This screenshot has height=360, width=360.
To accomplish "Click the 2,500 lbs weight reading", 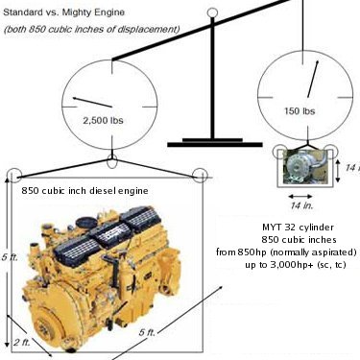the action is click(x=103, y=121).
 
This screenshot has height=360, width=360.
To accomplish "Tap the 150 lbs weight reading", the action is click(x=300, y=111).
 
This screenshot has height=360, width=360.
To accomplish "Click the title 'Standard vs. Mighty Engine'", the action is click(x=63, y=12).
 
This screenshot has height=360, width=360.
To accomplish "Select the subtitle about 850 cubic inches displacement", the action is click(x=91, y=29).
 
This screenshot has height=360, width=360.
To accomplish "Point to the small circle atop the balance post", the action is click(x=212, y=12).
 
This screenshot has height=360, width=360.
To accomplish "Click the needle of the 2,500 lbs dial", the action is click(x=92, y=102).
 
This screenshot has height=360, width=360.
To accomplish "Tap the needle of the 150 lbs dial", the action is click(x=313, y=79).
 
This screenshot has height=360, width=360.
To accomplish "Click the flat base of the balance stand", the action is click(x=215, y=145).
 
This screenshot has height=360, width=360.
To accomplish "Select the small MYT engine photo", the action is click(x=306, y=168).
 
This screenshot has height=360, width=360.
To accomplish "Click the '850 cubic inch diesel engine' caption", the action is click(x=84, y=191).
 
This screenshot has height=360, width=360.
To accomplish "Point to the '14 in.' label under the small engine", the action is click(x=301, y=205).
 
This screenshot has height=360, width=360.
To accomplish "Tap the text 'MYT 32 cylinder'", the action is click(x=298, y=228).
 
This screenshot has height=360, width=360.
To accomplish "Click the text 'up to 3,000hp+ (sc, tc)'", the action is click(x=296, y=265).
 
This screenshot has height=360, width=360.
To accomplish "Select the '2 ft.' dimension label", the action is click(x=22, y=343).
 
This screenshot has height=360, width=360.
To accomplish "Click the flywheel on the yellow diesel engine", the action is click(x=44, y=325).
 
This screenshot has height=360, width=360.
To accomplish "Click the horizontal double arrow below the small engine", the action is click(x=300, y=196).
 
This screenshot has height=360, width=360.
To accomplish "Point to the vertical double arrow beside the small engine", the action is click(x=338, y=171).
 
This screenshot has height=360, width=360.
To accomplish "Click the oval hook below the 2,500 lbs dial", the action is click(x=111, y=161).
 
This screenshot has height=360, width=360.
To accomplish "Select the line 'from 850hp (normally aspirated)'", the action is click(x=286, y=252).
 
